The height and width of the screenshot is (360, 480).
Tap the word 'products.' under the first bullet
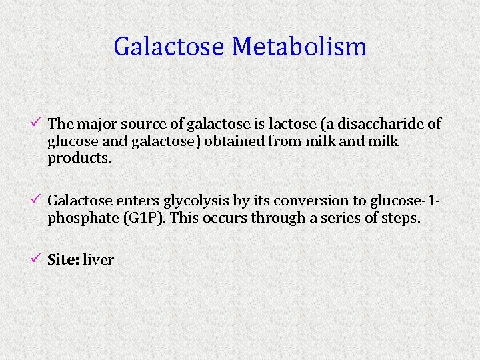coord(76,159)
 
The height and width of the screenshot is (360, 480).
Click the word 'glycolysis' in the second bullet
coord(193,201)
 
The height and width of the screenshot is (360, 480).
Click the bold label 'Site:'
coord(63,260)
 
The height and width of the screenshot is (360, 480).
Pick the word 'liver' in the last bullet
coord(99,260)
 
